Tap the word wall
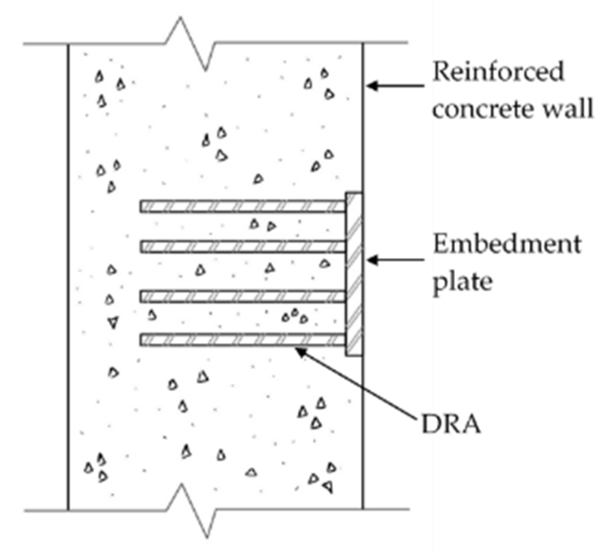point(568,109)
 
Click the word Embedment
point(507,245)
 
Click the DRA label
point(450,424)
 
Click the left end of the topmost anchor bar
point(142,206)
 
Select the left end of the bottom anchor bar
point(142,340)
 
